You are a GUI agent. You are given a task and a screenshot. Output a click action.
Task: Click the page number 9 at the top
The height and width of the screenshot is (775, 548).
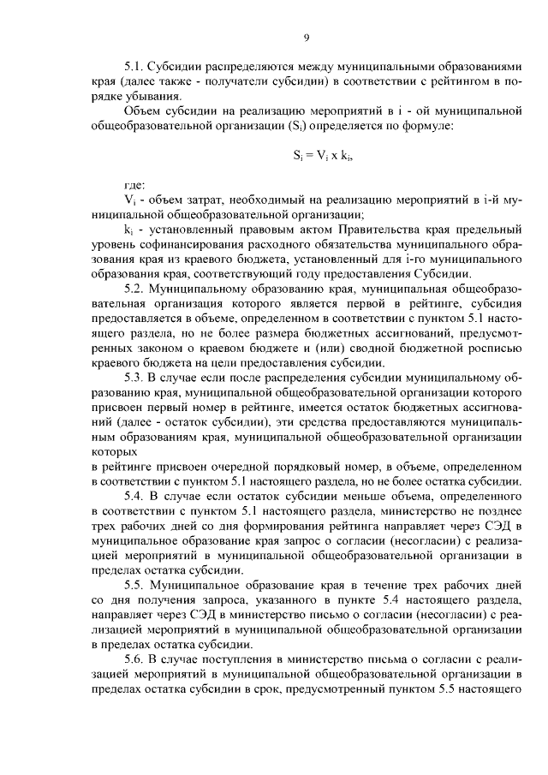click(306, 37)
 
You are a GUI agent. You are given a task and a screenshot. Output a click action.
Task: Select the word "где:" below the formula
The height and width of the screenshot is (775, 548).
click(135, 185)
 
